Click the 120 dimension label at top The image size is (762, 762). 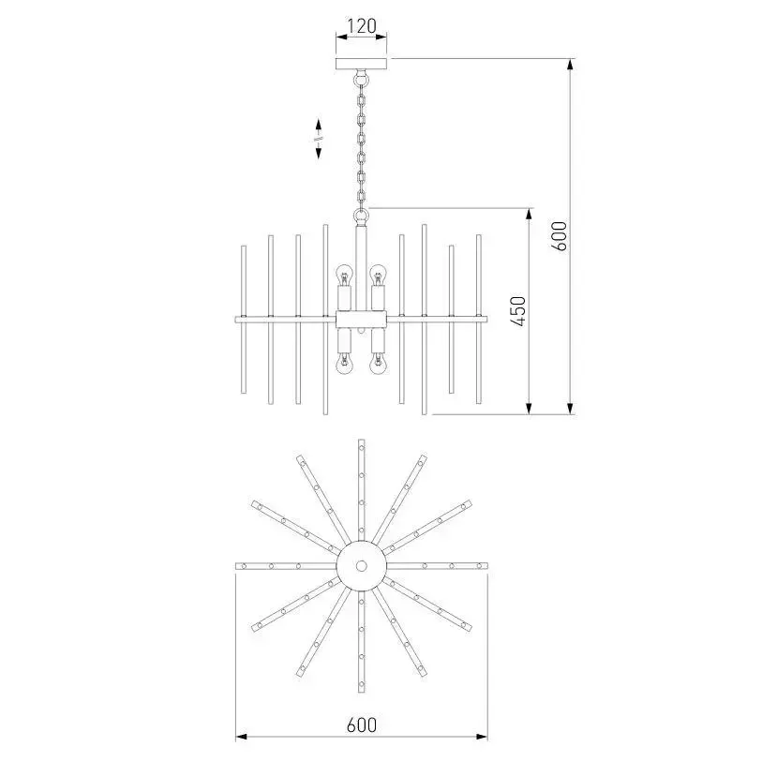click(362, 25)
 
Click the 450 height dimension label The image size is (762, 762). click(519, 311)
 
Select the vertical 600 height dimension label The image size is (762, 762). click(560, 235)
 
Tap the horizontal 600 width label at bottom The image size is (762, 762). click(362, 725)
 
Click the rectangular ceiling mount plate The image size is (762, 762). click(362, 64)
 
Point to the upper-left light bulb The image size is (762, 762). click(345, 275)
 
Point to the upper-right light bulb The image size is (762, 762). click(378, 275)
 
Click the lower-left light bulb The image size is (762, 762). click(345, 364)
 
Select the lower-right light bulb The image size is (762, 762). click(378, 364)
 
